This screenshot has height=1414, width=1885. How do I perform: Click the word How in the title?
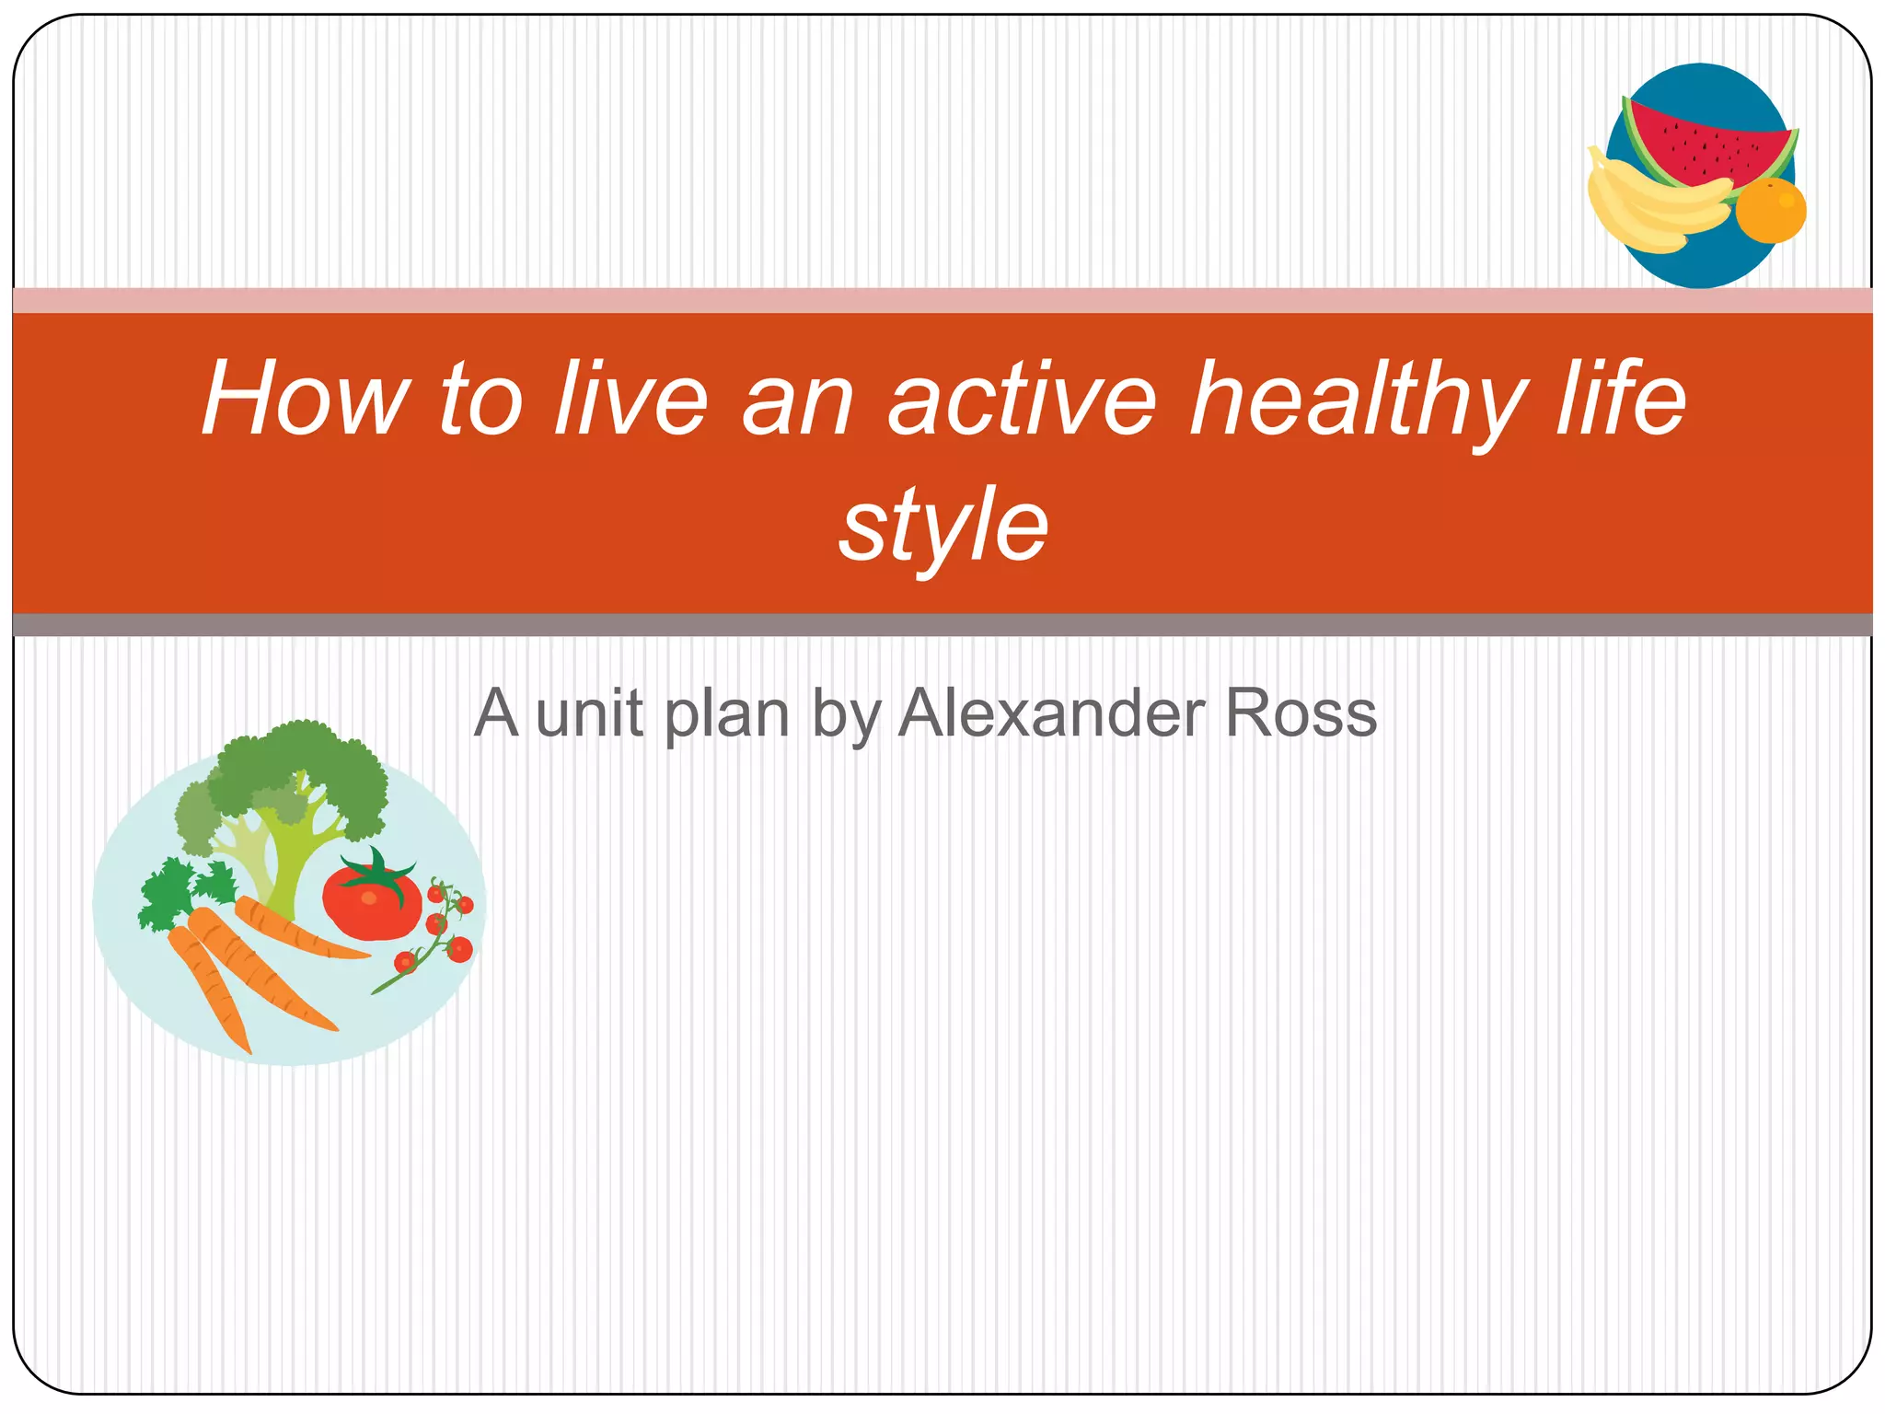[x=304, y=399]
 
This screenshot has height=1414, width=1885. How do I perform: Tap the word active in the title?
[x=1022, y=399]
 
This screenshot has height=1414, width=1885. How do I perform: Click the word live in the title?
[x=630, y=399]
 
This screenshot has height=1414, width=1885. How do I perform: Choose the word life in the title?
[x=1620, y=399]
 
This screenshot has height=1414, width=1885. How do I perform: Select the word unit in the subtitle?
[x=589, y=713]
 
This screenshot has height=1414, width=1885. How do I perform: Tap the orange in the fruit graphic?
[x=1771, y=211]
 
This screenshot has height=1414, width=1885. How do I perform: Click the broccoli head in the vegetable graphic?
[x=295, y=773]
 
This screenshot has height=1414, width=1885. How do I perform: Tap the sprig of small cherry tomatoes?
[x=442, y=930]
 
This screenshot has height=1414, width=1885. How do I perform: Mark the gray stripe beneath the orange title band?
[x=942, y=625]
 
